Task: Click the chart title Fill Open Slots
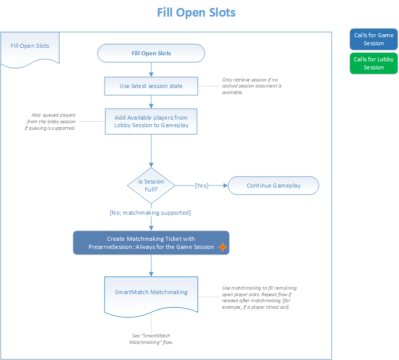coord(196,12)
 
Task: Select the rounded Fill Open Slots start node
coord(151,53)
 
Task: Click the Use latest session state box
coord(151,86)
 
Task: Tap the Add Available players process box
coord(151,121)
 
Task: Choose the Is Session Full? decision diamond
coord(151,186)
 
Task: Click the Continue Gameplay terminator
coord(273,186)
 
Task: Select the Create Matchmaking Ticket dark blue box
coord(151,243)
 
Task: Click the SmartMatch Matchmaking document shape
coord(151,292)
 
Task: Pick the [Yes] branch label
coord(202,186)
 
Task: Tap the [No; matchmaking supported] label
coord(150,213)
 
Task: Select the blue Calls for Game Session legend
coord(373,39)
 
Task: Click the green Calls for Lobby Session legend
coord(373,63)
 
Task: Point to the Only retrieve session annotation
coord(252,86)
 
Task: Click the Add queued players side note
coord(52,121)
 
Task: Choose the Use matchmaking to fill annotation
coord(259,297)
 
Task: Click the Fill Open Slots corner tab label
coord(30,46)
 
